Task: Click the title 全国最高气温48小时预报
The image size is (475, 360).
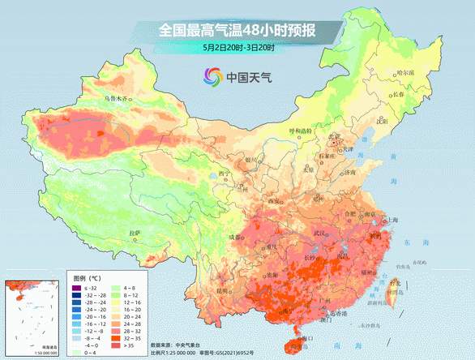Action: pos(237,31)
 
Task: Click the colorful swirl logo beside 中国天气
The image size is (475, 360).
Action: pos(213,78)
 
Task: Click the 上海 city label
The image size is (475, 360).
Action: pos(395,220)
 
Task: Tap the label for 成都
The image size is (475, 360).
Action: pos(235,237)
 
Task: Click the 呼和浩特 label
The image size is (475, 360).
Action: pos(301,130)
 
